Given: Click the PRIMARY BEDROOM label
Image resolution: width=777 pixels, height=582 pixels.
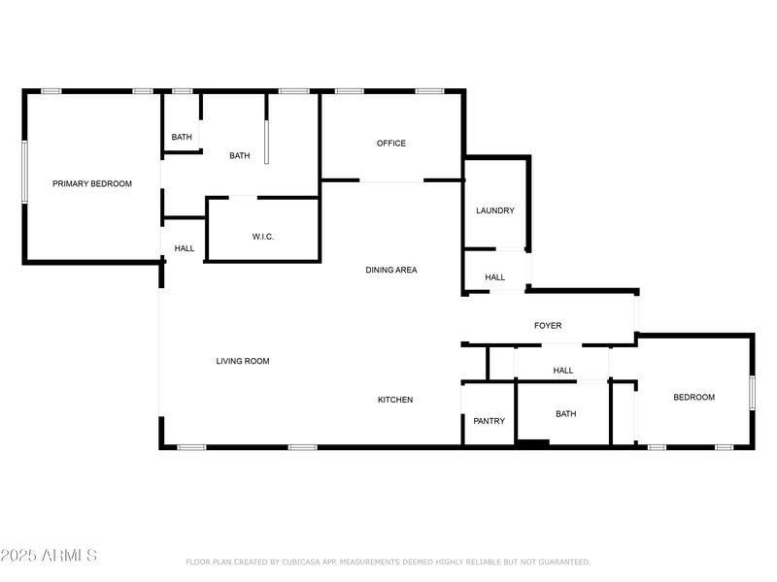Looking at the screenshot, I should [92, 183].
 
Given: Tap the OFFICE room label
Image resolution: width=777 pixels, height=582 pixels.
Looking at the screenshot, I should [391, 144].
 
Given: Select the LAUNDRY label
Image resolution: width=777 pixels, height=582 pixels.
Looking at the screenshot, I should [495, 210].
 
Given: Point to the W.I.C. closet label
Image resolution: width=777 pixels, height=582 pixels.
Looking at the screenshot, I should [263, 237].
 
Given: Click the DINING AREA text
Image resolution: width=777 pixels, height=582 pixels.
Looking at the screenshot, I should [391, 270].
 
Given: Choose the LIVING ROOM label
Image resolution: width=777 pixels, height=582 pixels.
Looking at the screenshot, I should [243, 361].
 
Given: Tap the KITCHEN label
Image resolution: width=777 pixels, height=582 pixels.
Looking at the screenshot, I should [395, 400].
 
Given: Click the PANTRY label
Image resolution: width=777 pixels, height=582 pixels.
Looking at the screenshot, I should [490, 421].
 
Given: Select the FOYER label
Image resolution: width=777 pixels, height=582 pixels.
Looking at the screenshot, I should [548, 326].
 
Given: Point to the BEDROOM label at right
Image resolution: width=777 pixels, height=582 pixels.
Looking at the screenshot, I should [694, 397].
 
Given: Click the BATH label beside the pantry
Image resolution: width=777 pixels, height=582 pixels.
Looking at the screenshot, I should [566, 414].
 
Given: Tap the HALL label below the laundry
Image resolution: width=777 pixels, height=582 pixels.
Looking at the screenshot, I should [495, 277].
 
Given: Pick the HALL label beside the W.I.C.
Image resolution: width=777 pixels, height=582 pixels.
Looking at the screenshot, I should [185, 248].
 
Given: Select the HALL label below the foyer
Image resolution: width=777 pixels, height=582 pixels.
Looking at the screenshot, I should [563, 371].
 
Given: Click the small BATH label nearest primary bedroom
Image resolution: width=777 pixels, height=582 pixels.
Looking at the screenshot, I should [182, 137].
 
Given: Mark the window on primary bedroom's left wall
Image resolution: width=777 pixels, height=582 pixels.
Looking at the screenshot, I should [25, 172].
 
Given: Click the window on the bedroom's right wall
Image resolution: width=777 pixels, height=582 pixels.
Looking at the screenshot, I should [752, 392].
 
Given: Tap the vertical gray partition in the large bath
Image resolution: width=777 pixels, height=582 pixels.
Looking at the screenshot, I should [266, 144].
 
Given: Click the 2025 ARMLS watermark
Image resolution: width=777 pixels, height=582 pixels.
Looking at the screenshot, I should [49, 556].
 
